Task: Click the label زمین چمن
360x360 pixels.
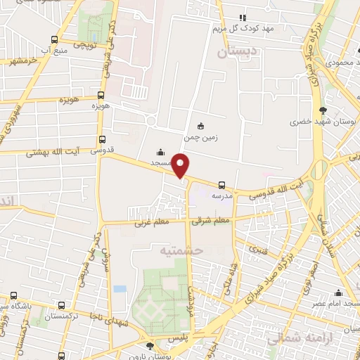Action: click(x=202, y=138)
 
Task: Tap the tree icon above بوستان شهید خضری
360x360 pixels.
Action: click(x=323, y=110)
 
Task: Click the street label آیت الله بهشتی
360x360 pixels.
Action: click(x=52, y=151)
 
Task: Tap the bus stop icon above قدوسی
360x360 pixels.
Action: click(x=103, y=139)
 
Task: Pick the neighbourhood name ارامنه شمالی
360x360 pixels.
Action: click(x=292, y=339)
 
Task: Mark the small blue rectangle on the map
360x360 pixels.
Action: click(x=120, y=288)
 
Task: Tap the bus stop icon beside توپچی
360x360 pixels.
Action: click(x=55, y=40)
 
